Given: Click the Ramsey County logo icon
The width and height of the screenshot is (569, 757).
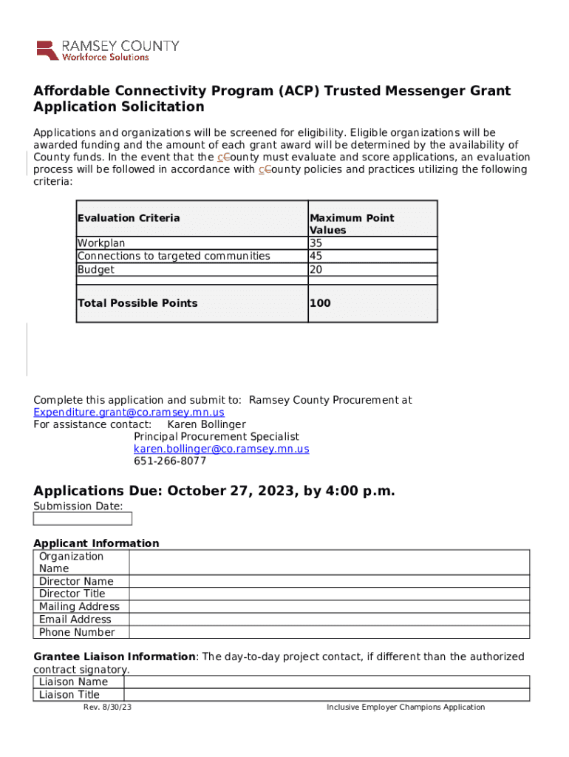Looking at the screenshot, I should coord(47,50).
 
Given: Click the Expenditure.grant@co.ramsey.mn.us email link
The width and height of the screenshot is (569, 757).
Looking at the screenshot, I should coord(129,413).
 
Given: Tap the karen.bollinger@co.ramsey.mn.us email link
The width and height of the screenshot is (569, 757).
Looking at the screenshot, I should coord(221,449).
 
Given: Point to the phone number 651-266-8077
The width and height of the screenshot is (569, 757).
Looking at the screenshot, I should coord(169,461).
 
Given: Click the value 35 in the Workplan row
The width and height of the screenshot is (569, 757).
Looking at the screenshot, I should coord(316,243).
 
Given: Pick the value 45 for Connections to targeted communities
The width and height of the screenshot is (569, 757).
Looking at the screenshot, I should coord(316,256).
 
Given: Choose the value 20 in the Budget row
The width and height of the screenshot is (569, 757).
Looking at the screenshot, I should coord(316,270).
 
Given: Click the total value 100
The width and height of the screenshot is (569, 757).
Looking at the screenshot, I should coord(320,303).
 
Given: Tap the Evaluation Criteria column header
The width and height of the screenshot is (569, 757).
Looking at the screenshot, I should coord(129,218).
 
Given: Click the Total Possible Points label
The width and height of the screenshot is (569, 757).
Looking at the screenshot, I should coord(137,303).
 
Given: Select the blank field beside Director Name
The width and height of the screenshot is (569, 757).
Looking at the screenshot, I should coord(329,582).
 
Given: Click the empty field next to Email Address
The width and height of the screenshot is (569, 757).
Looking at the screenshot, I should coord(329,619).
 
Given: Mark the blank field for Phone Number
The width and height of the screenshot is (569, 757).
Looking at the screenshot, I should coord(329,632).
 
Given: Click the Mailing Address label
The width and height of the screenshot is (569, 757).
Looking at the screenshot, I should coord(79,607).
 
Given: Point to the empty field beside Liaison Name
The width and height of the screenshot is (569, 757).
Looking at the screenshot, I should coord(326,682).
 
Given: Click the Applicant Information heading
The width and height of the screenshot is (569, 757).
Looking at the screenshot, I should coord(96,543).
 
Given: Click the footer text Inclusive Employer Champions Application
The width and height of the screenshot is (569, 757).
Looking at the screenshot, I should coord(406,707).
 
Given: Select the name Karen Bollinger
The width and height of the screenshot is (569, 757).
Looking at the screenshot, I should coord(206,425).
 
